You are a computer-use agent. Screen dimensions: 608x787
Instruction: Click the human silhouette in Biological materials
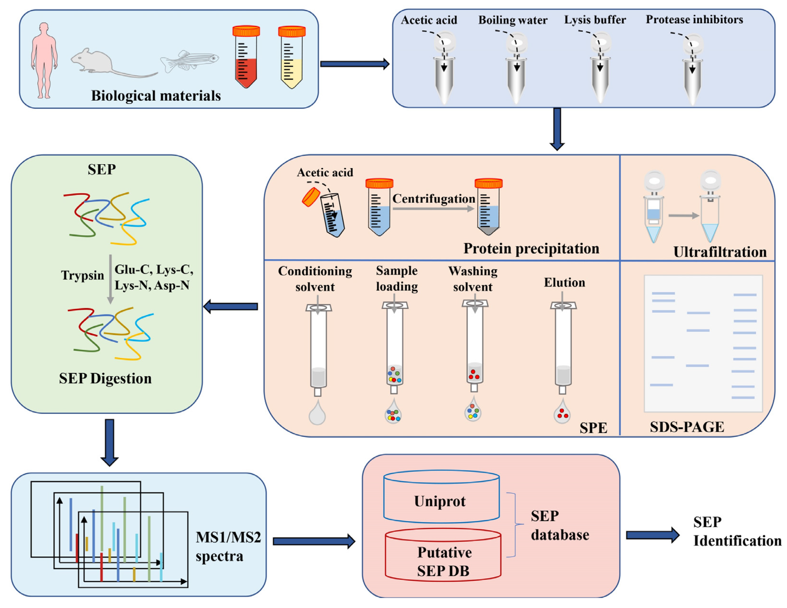tap(44, 60)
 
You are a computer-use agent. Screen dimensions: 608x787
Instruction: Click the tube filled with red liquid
tap(246, 58)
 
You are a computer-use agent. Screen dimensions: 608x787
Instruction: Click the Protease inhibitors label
tap(694, 19)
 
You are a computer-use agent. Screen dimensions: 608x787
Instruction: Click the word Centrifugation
tap(434, 199)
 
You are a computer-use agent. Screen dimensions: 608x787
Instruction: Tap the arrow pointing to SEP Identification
tap(652, 535)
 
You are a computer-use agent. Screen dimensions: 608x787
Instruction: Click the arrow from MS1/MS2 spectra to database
tap(314, 541)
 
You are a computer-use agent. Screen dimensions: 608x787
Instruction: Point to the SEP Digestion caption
tap(105, 378)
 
